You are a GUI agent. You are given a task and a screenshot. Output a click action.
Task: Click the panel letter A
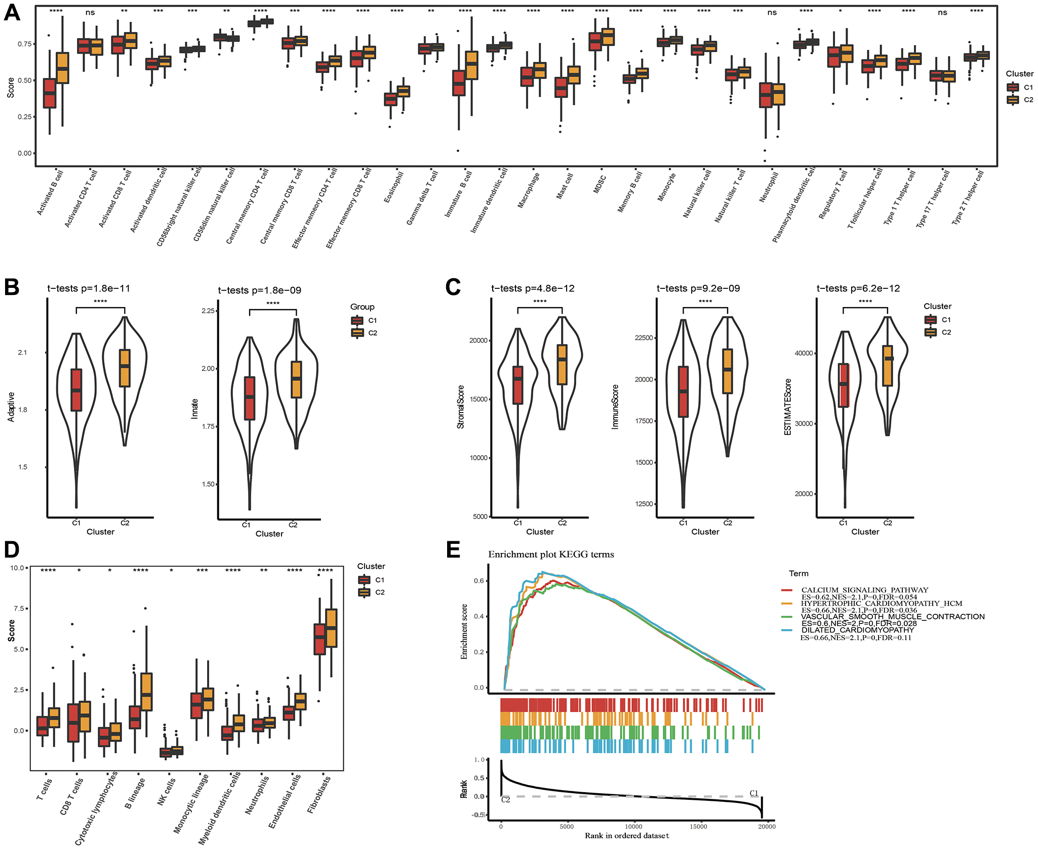(x=12, y=13)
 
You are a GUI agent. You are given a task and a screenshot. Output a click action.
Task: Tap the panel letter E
(x=453, y=550)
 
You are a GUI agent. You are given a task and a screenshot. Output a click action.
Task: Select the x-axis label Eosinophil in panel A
(x=393, y=188)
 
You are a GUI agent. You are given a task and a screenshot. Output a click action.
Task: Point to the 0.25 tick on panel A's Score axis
(x=24, y=117)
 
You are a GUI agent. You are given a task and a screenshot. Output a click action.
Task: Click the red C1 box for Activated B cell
(x=50, y=93)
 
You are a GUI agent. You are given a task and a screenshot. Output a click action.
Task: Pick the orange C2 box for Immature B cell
(x=471, y=65)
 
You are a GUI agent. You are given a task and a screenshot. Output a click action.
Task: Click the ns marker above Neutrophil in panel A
(x=772, y=13)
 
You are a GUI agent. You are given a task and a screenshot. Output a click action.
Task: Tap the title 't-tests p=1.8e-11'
(x=89, y=288)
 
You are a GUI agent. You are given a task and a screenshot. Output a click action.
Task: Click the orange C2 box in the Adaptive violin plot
(x=125, y=368)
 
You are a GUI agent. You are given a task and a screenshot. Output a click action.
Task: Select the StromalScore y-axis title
(x=460, y=407)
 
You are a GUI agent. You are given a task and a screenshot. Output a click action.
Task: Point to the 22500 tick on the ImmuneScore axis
(x=644, y=338)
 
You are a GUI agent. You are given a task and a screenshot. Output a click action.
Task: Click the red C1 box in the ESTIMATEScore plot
(x=843, y=385)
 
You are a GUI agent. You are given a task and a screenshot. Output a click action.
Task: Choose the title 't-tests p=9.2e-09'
(x=698, y=288)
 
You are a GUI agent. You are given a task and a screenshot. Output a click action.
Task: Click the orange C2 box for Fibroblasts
(x=331, y=627)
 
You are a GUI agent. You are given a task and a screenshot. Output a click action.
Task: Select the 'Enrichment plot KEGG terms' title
(x=551, y=554)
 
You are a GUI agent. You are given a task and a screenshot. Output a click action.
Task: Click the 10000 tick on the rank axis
(x=633, y=827)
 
